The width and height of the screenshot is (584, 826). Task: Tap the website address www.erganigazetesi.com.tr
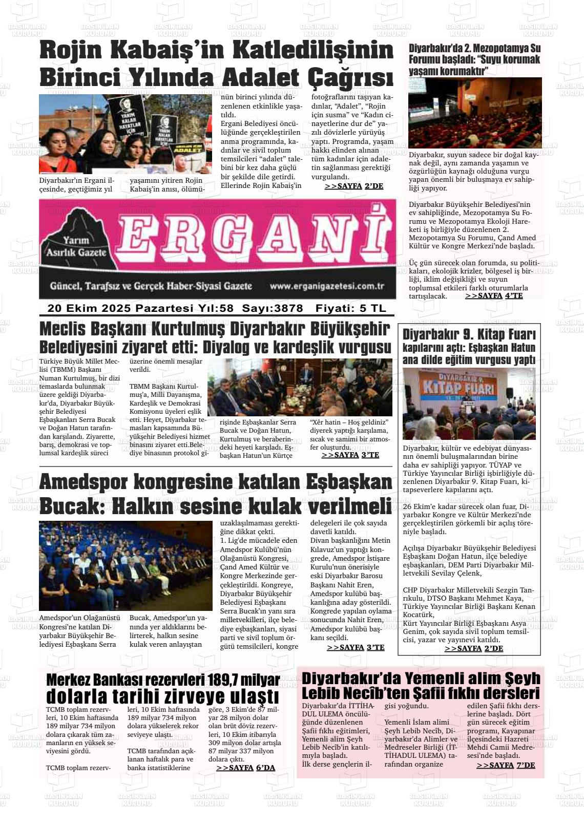tap(327, 287)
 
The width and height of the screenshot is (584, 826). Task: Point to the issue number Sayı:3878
tap(273, 308)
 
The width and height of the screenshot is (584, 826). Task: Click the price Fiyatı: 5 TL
tap(351, 308)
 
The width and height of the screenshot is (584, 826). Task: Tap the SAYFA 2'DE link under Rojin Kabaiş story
tap(354, 186)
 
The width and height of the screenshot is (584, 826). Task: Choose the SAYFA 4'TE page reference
tap(494, 295)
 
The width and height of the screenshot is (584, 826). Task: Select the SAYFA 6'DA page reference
tap(245, 768)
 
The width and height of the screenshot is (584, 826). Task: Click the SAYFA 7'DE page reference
tap(506, 765)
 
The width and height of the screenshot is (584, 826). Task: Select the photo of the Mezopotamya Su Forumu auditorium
tap(475, 113)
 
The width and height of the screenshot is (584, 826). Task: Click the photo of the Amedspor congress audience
tap(126, 565)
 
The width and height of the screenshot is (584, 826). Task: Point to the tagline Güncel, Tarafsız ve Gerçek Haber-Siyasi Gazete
tap(151, 286)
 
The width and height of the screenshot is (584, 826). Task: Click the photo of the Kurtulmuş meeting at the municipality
tap(300, 387)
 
